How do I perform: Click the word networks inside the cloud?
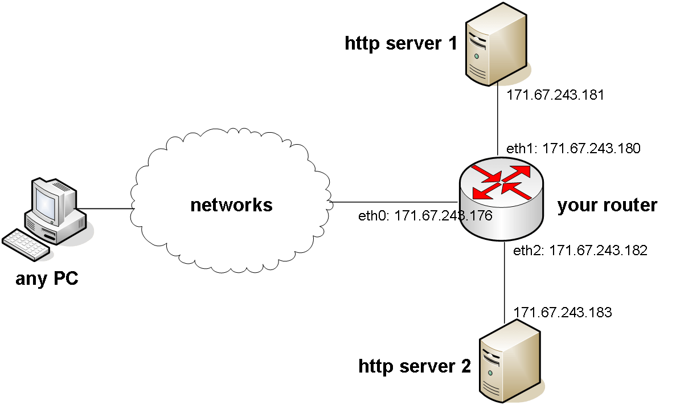pyautogui.click(x=231, y=204)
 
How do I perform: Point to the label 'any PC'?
pyautogui.click(x=47, y=279)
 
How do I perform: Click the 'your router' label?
pyautogui.click(x=607, y=205)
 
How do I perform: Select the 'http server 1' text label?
pyautogui.click(x=400, y=43)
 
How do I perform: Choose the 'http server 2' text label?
pyautogui.click(x=415, y=366)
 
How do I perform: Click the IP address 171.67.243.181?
pyautogui.click(x=555, y=95)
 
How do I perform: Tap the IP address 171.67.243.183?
pyautogui.click(x=562, y=312)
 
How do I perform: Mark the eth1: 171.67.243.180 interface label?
pyautogui.click(x=573, y=149)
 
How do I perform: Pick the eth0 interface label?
pyautogui.click(x=425, y=216)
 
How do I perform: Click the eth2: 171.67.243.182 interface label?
pyautogui.click(x=580, y=250)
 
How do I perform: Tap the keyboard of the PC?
pyautogui.click(x=26, y=244)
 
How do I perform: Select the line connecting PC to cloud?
pyautogui.click(x=105, y=208)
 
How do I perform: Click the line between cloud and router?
pyautogui.click(x=393, y=202)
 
